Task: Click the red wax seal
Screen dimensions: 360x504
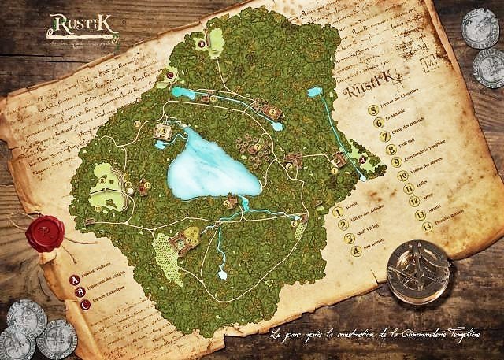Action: tap(45, 232)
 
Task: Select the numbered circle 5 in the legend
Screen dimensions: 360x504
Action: tap(372, 109)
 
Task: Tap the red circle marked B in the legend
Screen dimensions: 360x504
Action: tap(81, 291)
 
